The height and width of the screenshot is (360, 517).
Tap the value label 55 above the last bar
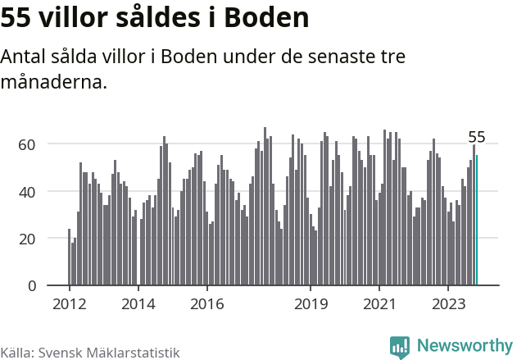476,137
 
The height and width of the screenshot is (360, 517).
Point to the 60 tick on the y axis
29,144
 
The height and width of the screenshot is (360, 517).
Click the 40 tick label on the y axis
29,192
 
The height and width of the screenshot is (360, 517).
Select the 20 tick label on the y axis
29,239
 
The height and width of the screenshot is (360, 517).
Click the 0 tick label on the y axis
33,286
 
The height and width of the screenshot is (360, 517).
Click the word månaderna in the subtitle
54,83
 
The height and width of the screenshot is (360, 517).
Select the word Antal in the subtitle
24,57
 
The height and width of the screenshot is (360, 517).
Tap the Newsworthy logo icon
400,347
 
